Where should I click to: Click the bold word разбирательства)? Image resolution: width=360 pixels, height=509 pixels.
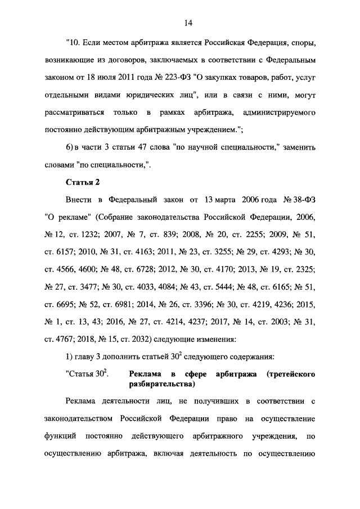161,385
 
